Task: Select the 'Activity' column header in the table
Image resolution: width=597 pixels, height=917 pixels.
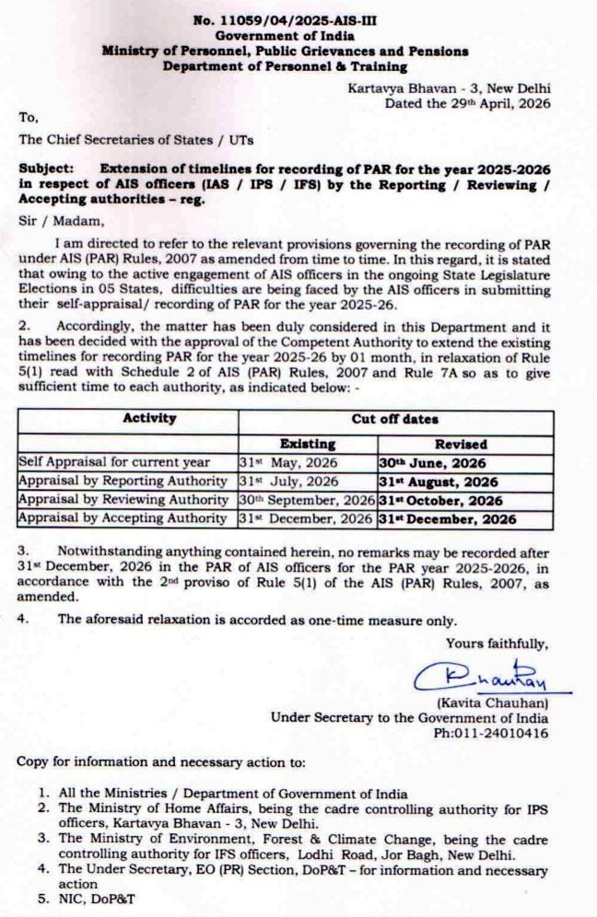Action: [149, 419]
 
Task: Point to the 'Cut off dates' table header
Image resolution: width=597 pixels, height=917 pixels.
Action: [395, 419]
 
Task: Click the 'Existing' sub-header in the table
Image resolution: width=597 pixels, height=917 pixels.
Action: [308, 443]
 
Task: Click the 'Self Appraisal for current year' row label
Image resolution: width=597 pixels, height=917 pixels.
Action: [114, 462]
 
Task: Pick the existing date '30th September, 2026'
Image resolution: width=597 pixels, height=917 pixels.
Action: [307, 501]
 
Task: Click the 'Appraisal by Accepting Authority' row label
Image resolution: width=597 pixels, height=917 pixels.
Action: [123, 519]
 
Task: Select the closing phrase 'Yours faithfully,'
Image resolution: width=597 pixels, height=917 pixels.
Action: [497, 643]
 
